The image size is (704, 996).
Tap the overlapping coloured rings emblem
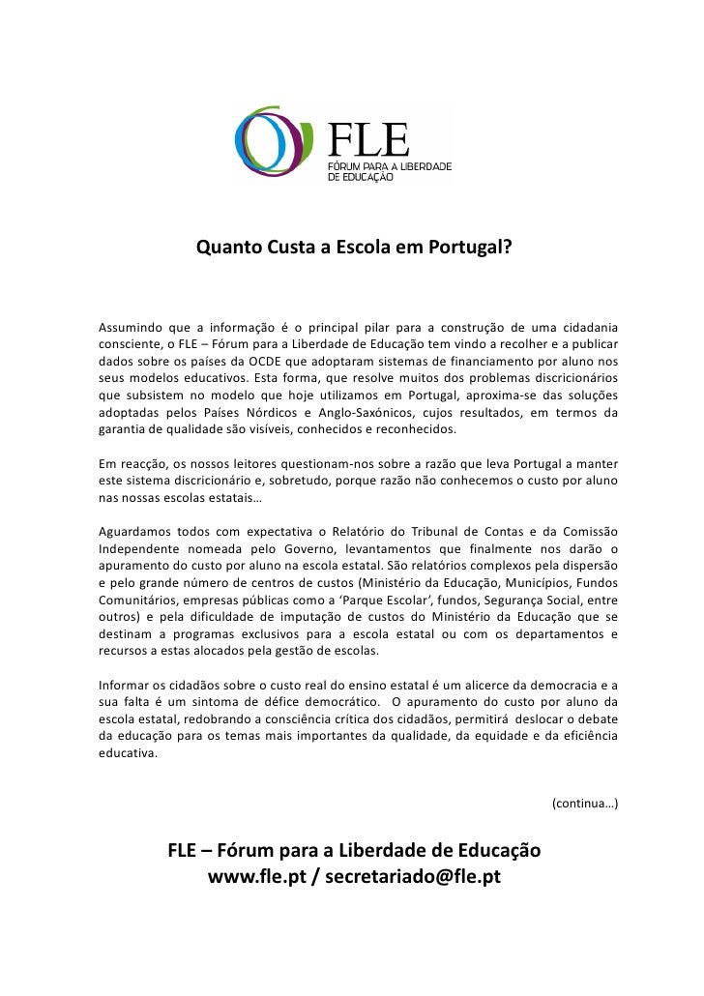(280, 147)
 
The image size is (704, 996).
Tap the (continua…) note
(585, 804)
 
